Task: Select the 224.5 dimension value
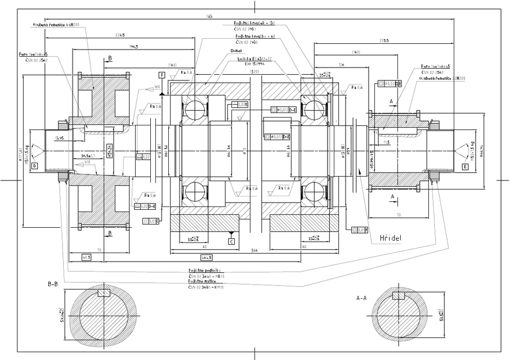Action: pos(119,34)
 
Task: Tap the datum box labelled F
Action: pos(162,75)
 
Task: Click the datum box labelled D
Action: pos(34,166)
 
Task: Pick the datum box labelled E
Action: pos(465,166)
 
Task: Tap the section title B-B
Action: pos(52,285)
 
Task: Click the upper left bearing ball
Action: pos(195,107)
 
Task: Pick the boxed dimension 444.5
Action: pos(206,258)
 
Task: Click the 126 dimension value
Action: pos(341,64)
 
